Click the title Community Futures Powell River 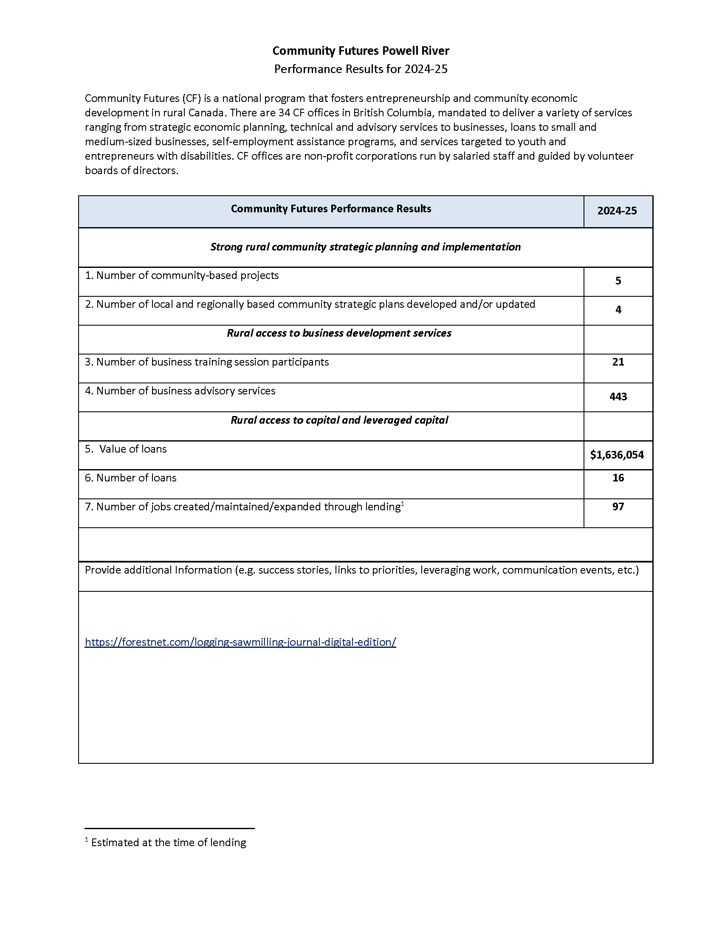click(x=361, y=51)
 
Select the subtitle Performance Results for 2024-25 click(x=361, y=69)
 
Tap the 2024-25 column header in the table click(x=617, y=211)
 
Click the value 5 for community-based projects click(x=618, y=281)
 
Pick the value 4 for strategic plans click(x=618, y=310)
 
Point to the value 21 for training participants click(x=618, y=362)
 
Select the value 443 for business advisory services click(x=618, y=397)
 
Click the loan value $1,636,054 click(x=616, y=455)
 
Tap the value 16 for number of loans click(x=618, y=478)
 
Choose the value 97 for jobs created click(x=618, y=507)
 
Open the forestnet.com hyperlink click(x=240, y=642)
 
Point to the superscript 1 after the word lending click(x=403, y=504)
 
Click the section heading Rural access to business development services click(x=339, y=333)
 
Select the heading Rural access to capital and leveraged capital click(x=339, y=420)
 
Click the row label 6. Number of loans click(x=130, y=478)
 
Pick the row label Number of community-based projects click(x=182, y=276)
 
